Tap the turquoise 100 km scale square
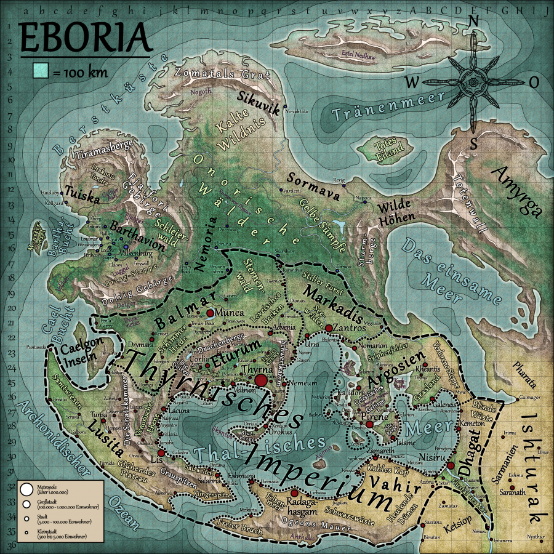[40, 72]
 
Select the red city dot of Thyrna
[261, 380]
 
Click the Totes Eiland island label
[388, 148]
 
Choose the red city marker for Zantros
[329, 328]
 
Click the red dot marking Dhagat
[451, 466]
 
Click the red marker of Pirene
[369, 425]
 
